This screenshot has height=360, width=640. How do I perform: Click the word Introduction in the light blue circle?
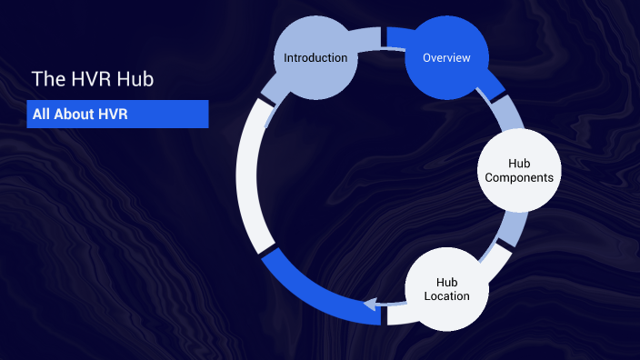click(315, 58)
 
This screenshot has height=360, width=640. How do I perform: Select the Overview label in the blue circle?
click(446, 58)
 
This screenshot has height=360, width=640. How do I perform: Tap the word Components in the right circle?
click(519, 178)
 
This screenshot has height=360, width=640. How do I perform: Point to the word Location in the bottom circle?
click(447, 296)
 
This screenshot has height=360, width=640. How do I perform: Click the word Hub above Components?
click(519, 164)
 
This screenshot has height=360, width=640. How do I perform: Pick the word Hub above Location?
click(446, 282)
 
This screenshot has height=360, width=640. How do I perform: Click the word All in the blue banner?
click(42, 115)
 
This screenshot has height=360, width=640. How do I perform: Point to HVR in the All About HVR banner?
click(114, 115)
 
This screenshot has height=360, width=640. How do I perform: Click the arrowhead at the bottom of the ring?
click(370, 305)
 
